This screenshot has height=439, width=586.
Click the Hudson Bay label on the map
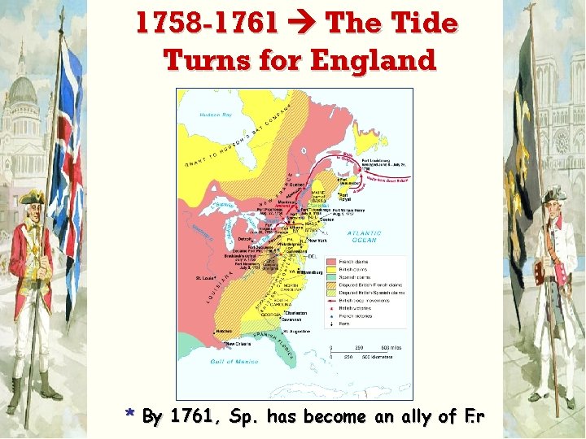[x=216, y=115]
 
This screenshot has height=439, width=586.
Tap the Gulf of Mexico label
[x=234, y=361]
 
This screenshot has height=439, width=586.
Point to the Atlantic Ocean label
[x=365, y=237]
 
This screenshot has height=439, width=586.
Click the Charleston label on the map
[x=296, y=312]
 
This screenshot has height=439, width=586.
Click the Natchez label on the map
[x=225, y=331]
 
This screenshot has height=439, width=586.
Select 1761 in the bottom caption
[x=192, y=417]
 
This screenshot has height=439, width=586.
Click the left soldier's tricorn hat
[x=32, y=197]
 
